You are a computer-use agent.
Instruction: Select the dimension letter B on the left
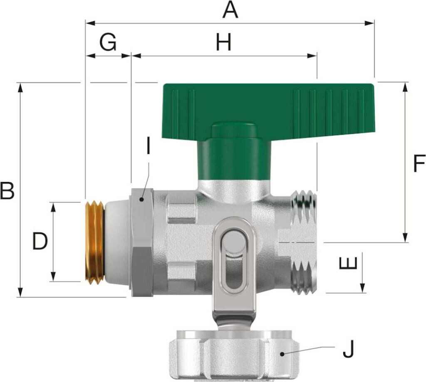coord(7,191)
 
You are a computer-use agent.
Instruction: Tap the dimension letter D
coord(40,241)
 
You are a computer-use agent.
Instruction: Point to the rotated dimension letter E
coord(348,263)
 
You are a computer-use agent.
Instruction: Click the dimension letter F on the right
coord(419,163)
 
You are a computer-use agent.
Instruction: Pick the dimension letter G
coord(108,42)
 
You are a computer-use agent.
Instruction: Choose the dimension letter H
coord(223,42)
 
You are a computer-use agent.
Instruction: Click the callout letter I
coord(148,145)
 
